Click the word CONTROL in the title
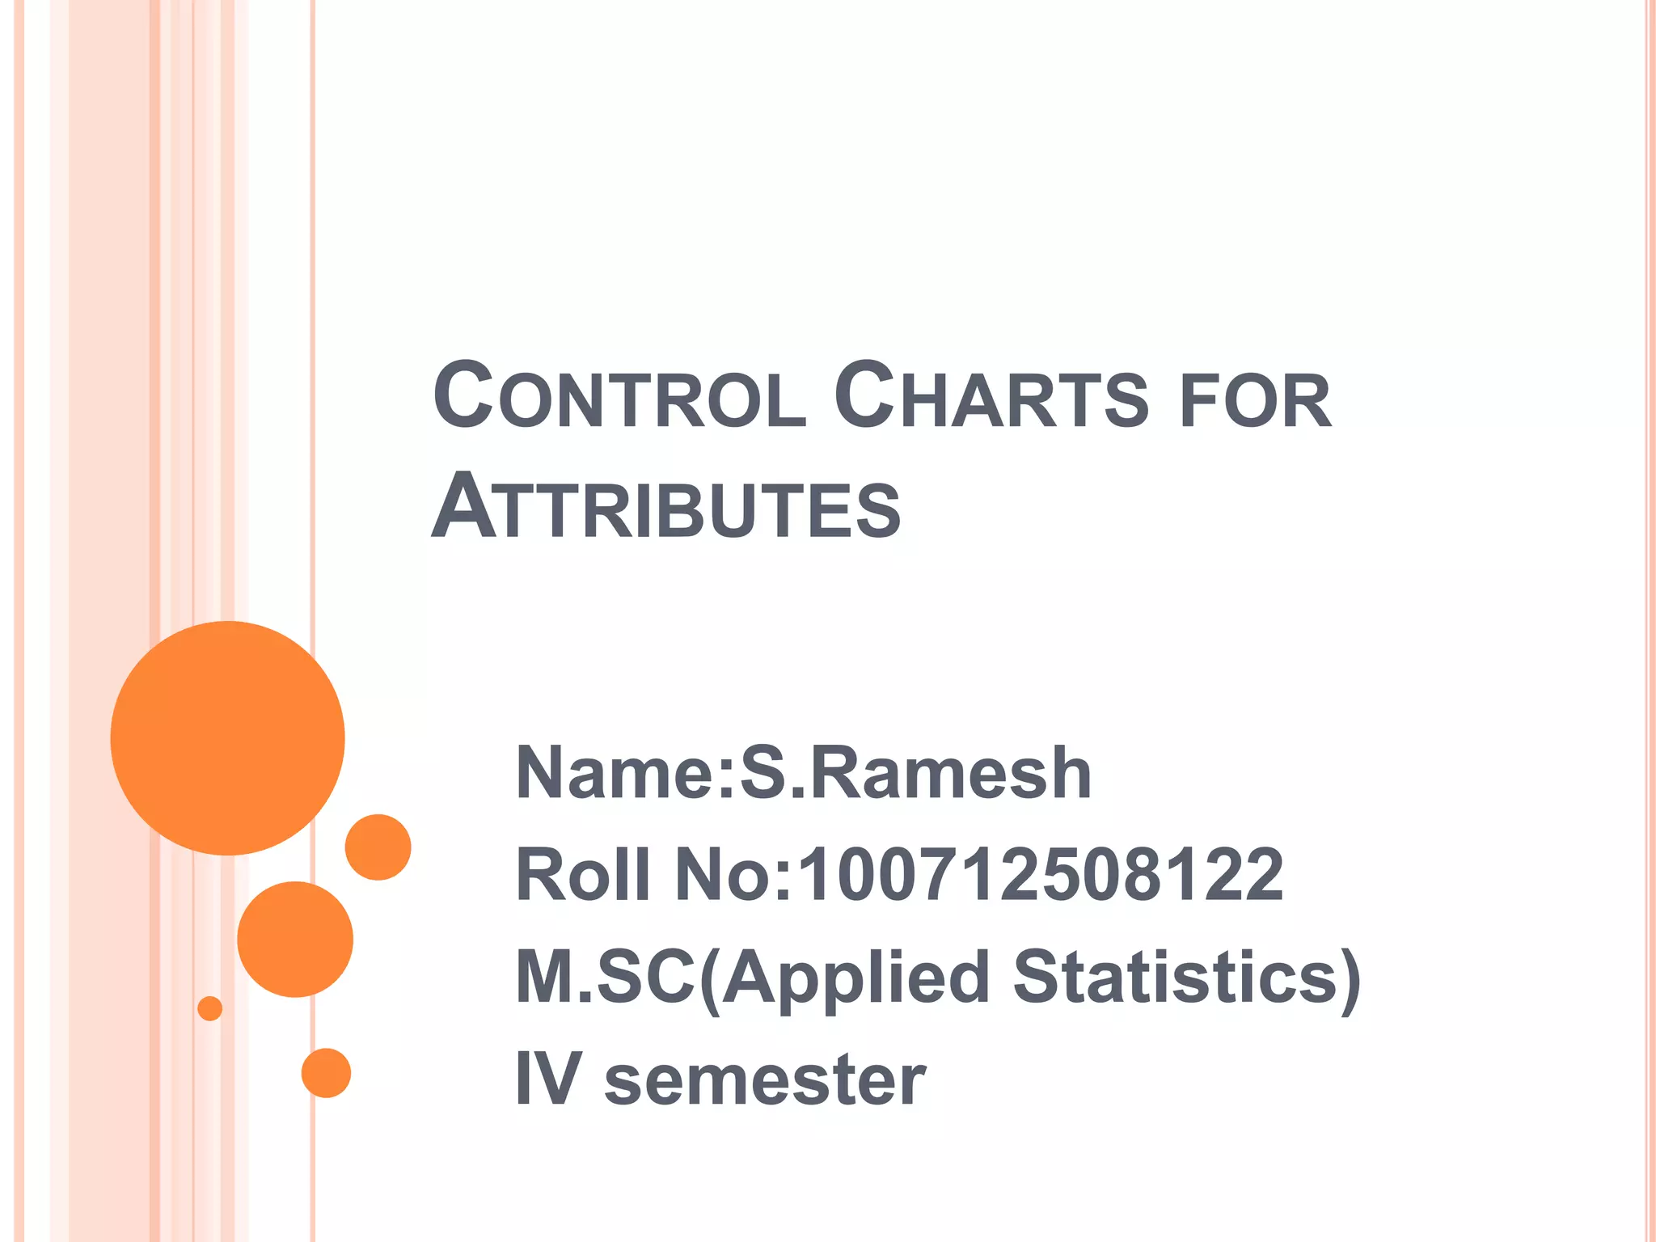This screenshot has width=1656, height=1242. click(x=620, y=397)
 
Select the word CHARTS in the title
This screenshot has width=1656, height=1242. click(x=991, y=397)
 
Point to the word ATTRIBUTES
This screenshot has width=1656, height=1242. click(x=666, y=508)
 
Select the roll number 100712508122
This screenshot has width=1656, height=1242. click(x=1041, y=875)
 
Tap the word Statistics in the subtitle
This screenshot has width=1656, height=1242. click(x=1187, y=977)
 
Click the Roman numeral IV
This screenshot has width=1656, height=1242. click(x=548, y=1079)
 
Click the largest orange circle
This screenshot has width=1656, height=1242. click(x=228, y=737)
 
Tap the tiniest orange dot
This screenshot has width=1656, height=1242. click(x=210, y=1008)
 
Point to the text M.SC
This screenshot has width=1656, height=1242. click(x=605, y=977)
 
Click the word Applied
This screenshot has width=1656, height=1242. click(x=855, y=978)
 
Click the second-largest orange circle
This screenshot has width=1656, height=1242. click(x=295, y=939)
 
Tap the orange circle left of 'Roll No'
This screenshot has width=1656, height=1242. click(x=378, y=847)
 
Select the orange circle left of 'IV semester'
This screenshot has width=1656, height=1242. click(x=326, y=1073)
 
